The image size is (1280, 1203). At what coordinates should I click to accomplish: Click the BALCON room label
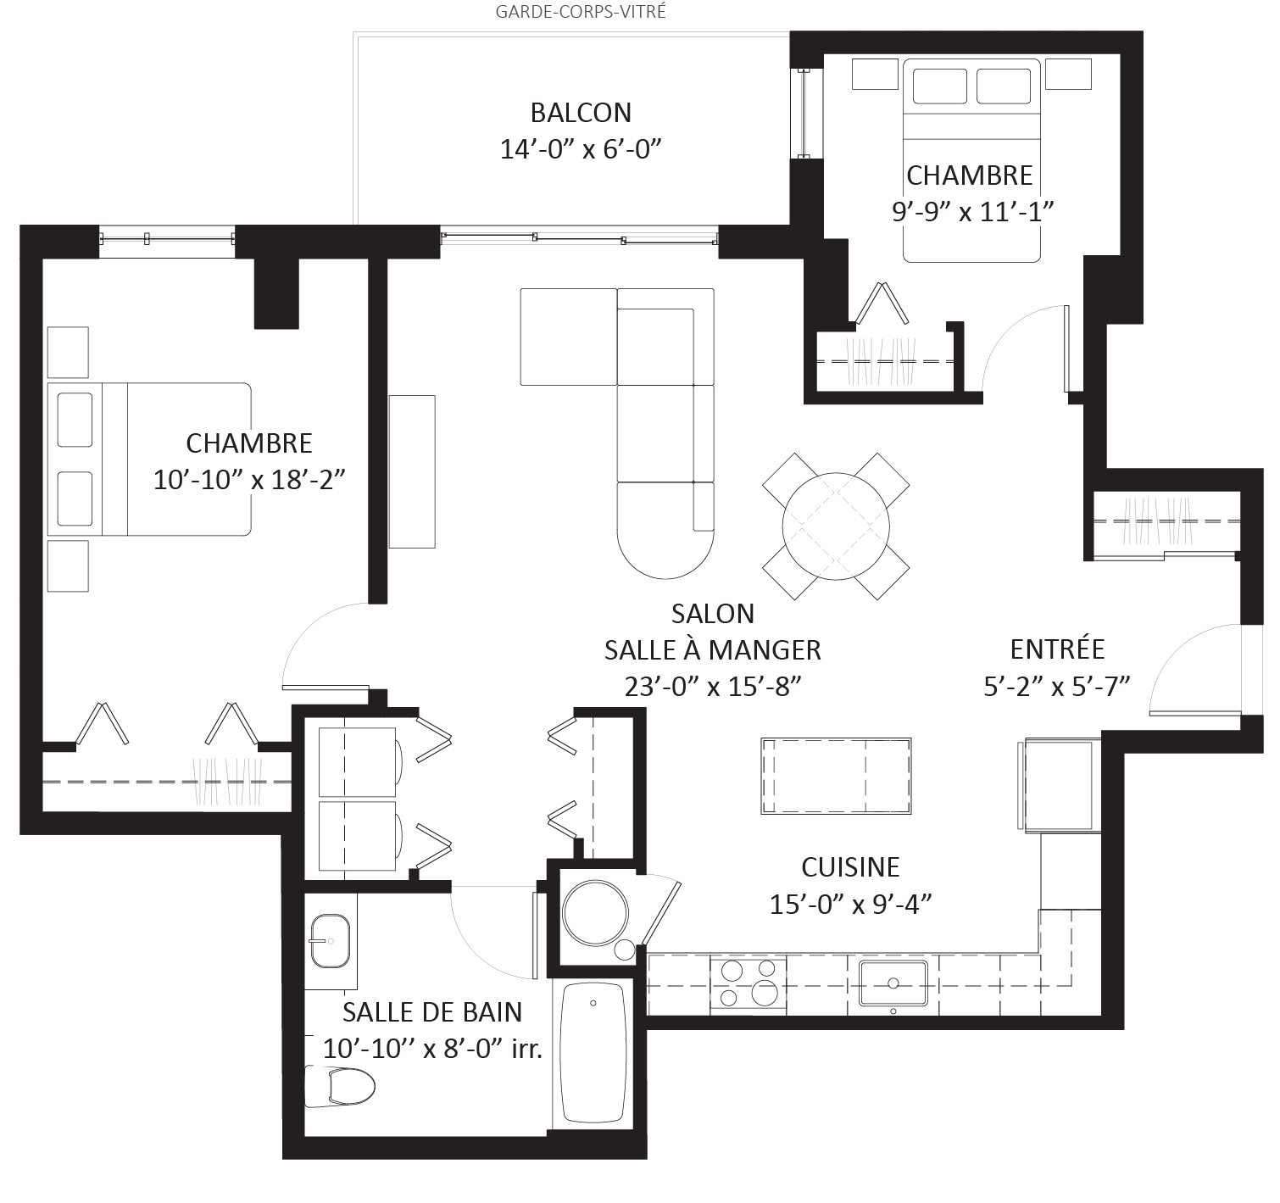[x=581, y=113]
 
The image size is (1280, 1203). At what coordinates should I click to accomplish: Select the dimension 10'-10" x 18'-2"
[x=249, y=480]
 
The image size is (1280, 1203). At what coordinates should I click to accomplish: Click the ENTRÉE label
[x=1057, y=649]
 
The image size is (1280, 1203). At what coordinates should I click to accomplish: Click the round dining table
[x=836, y=526]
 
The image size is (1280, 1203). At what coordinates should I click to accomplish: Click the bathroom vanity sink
[x=331, y=939]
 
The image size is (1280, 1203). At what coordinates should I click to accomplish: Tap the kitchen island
[x=836, y=776]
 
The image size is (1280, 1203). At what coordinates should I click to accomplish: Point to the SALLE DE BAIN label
[x=431, y=1012]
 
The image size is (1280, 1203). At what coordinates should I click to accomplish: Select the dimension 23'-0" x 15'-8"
[x=713, y=686]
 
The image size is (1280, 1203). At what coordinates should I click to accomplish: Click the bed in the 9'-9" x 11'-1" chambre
[x=971, y=161]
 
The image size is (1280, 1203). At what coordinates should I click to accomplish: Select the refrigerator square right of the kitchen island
[x=1060, y=783]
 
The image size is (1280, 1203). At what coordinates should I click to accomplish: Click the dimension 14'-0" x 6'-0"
[x=581, y=148]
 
